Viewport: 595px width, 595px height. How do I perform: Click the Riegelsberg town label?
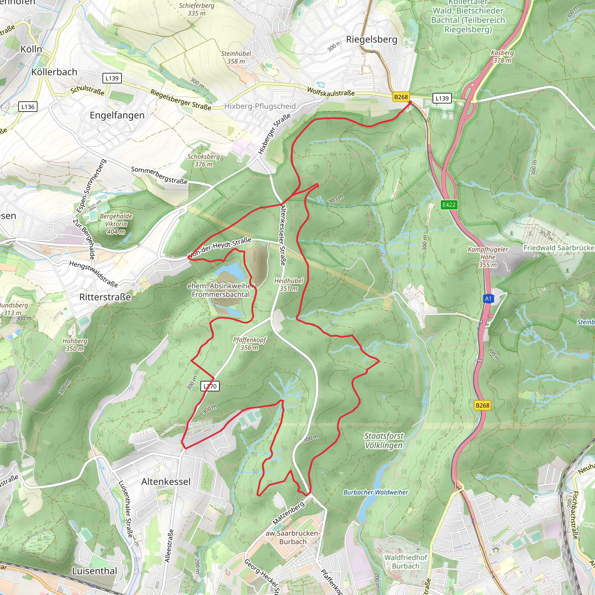click(372, 40)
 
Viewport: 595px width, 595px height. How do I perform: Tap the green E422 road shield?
click(449, 205)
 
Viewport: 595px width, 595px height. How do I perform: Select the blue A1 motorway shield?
click(488, 298)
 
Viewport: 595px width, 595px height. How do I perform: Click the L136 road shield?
click(28, 107)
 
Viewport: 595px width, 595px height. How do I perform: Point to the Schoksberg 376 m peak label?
click(204, 160)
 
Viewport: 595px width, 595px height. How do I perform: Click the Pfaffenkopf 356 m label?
click(250, 343)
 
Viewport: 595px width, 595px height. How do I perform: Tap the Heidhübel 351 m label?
click(288, 284)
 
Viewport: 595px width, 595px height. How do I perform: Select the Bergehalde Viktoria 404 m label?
click(116, 224)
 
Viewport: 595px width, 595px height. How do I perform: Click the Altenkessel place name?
click(166, 482)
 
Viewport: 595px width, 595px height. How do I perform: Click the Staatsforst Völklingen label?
click(384, 440)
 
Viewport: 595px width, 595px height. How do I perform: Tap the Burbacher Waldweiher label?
click(375, 492)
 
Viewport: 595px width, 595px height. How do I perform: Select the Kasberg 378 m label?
click(502, 56)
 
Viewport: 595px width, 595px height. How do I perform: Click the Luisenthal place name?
click(94, 571)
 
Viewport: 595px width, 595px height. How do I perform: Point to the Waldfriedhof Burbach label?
click(406, 562)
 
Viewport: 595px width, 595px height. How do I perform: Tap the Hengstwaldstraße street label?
click(93, 274)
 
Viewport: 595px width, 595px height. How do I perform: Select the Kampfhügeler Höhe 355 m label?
click(488, 257)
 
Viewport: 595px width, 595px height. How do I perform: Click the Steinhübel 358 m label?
click(236, 57)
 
